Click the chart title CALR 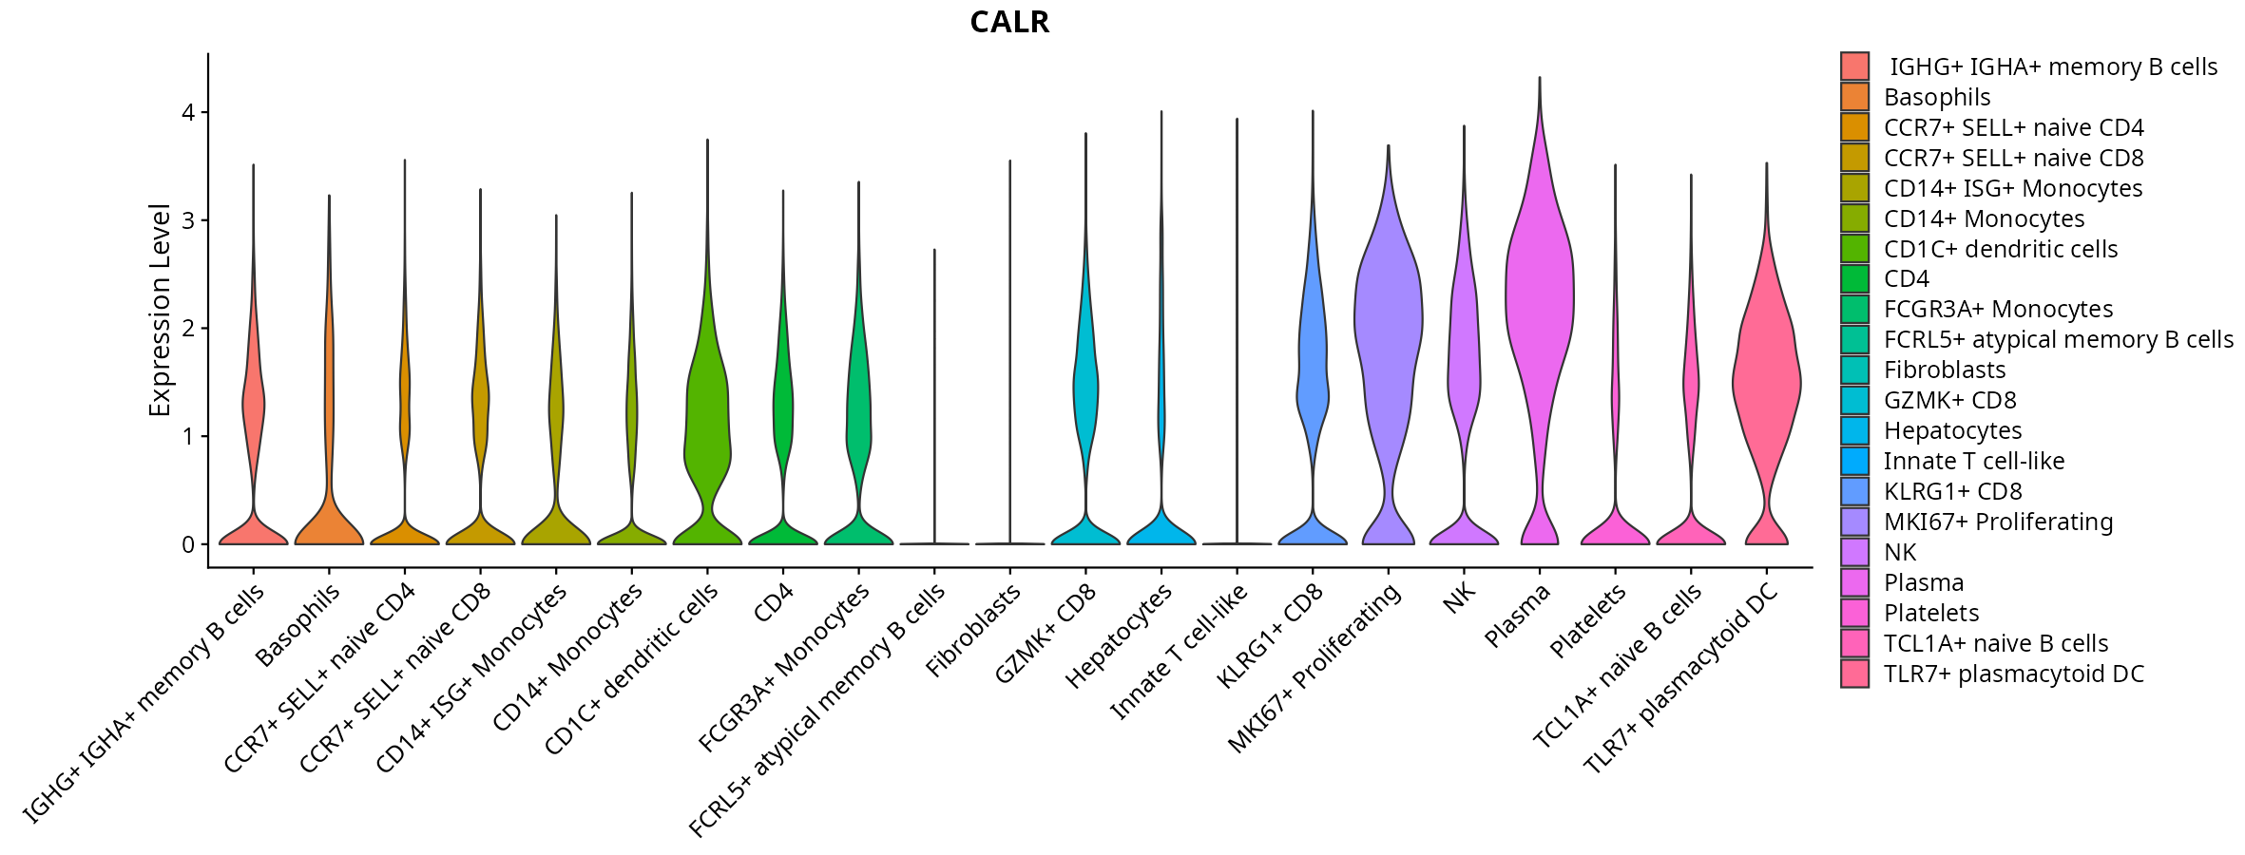pyautogui.click(x=1009, y=22)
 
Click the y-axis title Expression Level pyautogui.click(x=160, y=310)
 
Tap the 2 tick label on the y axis pyautogui.click(x=188, y=328)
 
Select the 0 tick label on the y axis pyautogui.click(x=188, y=544)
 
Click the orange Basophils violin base pyautogui.click(x=329, y=527)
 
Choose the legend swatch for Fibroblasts pyautogui.click(x=1854, y=370)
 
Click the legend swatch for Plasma pyautogui.click(x=1854, y=582)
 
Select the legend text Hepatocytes pyautogui.click(x=1952, y=430)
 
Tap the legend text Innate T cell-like pyautogui.click(x=1974, y=461)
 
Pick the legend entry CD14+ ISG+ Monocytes pyautogui.click(x=2012, y=188)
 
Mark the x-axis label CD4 pyautogui.click(x=773, y=603)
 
